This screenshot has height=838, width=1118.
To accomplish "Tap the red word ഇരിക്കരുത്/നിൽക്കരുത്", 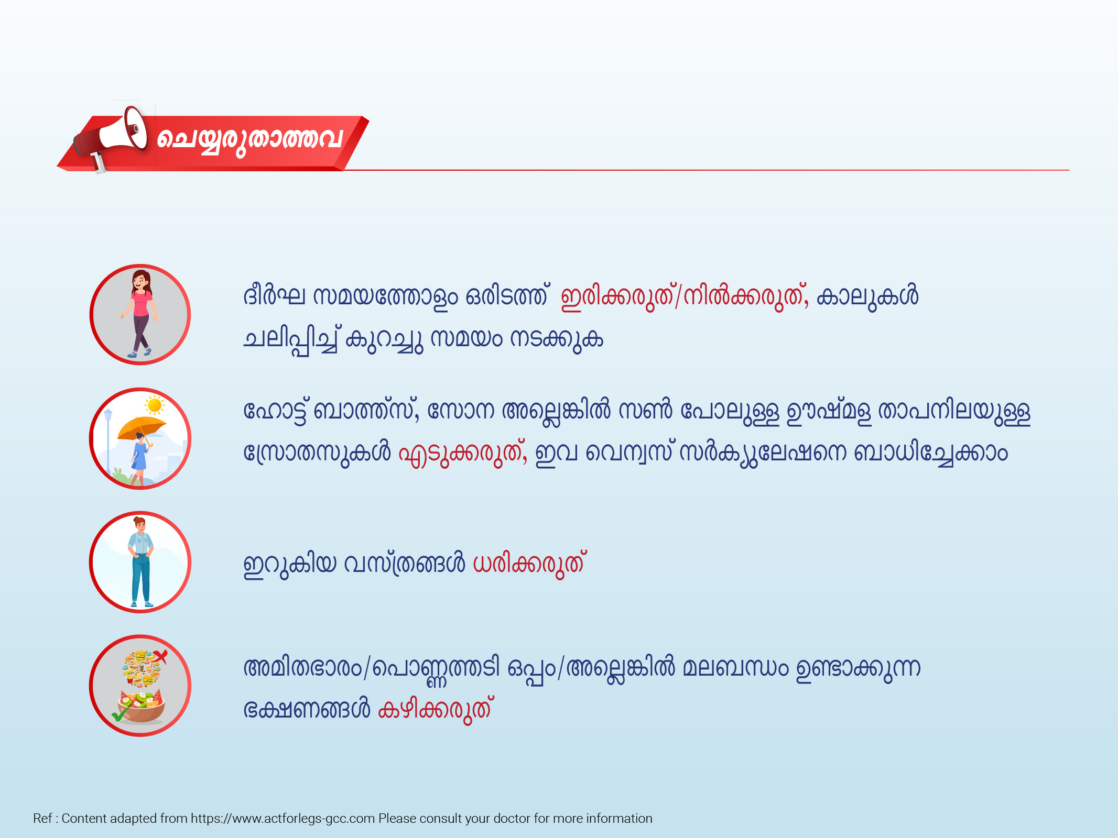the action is (x=685, y=297).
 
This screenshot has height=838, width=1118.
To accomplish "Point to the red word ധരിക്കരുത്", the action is (x=529, y=564).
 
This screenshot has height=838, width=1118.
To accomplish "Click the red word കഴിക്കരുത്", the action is (x=435, y=710).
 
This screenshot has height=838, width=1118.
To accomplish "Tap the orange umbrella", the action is (x=142, y=428).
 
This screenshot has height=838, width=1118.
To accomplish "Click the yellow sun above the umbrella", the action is (x=155, y=405).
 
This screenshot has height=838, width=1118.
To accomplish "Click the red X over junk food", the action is (x=160, y=657).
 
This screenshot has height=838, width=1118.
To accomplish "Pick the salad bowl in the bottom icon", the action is (x=142, y=707).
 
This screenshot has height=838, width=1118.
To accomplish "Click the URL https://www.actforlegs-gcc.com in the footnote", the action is (x=283, y=819).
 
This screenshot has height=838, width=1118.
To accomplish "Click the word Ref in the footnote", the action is (x=42, y=819).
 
